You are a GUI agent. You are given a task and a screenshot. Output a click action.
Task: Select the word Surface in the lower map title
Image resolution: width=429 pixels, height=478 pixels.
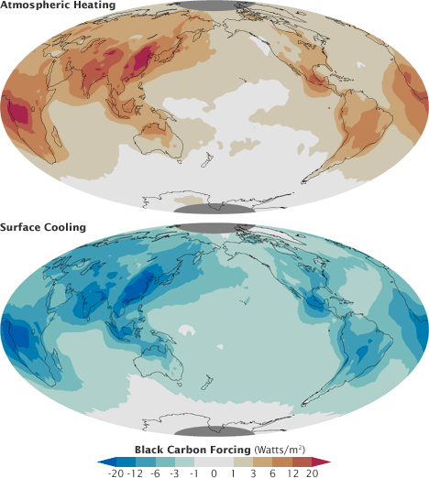(22, 226)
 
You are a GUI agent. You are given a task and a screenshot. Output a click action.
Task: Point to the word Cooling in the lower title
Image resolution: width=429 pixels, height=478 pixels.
(66, 226)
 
